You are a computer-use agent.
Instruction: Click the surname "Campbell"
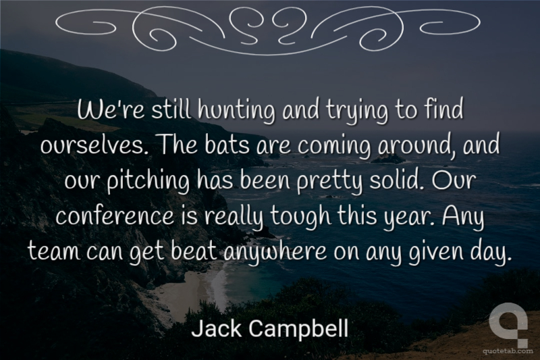tap(298, 329)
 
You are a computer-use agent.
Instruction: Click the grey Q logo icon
tap(508, 324)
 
